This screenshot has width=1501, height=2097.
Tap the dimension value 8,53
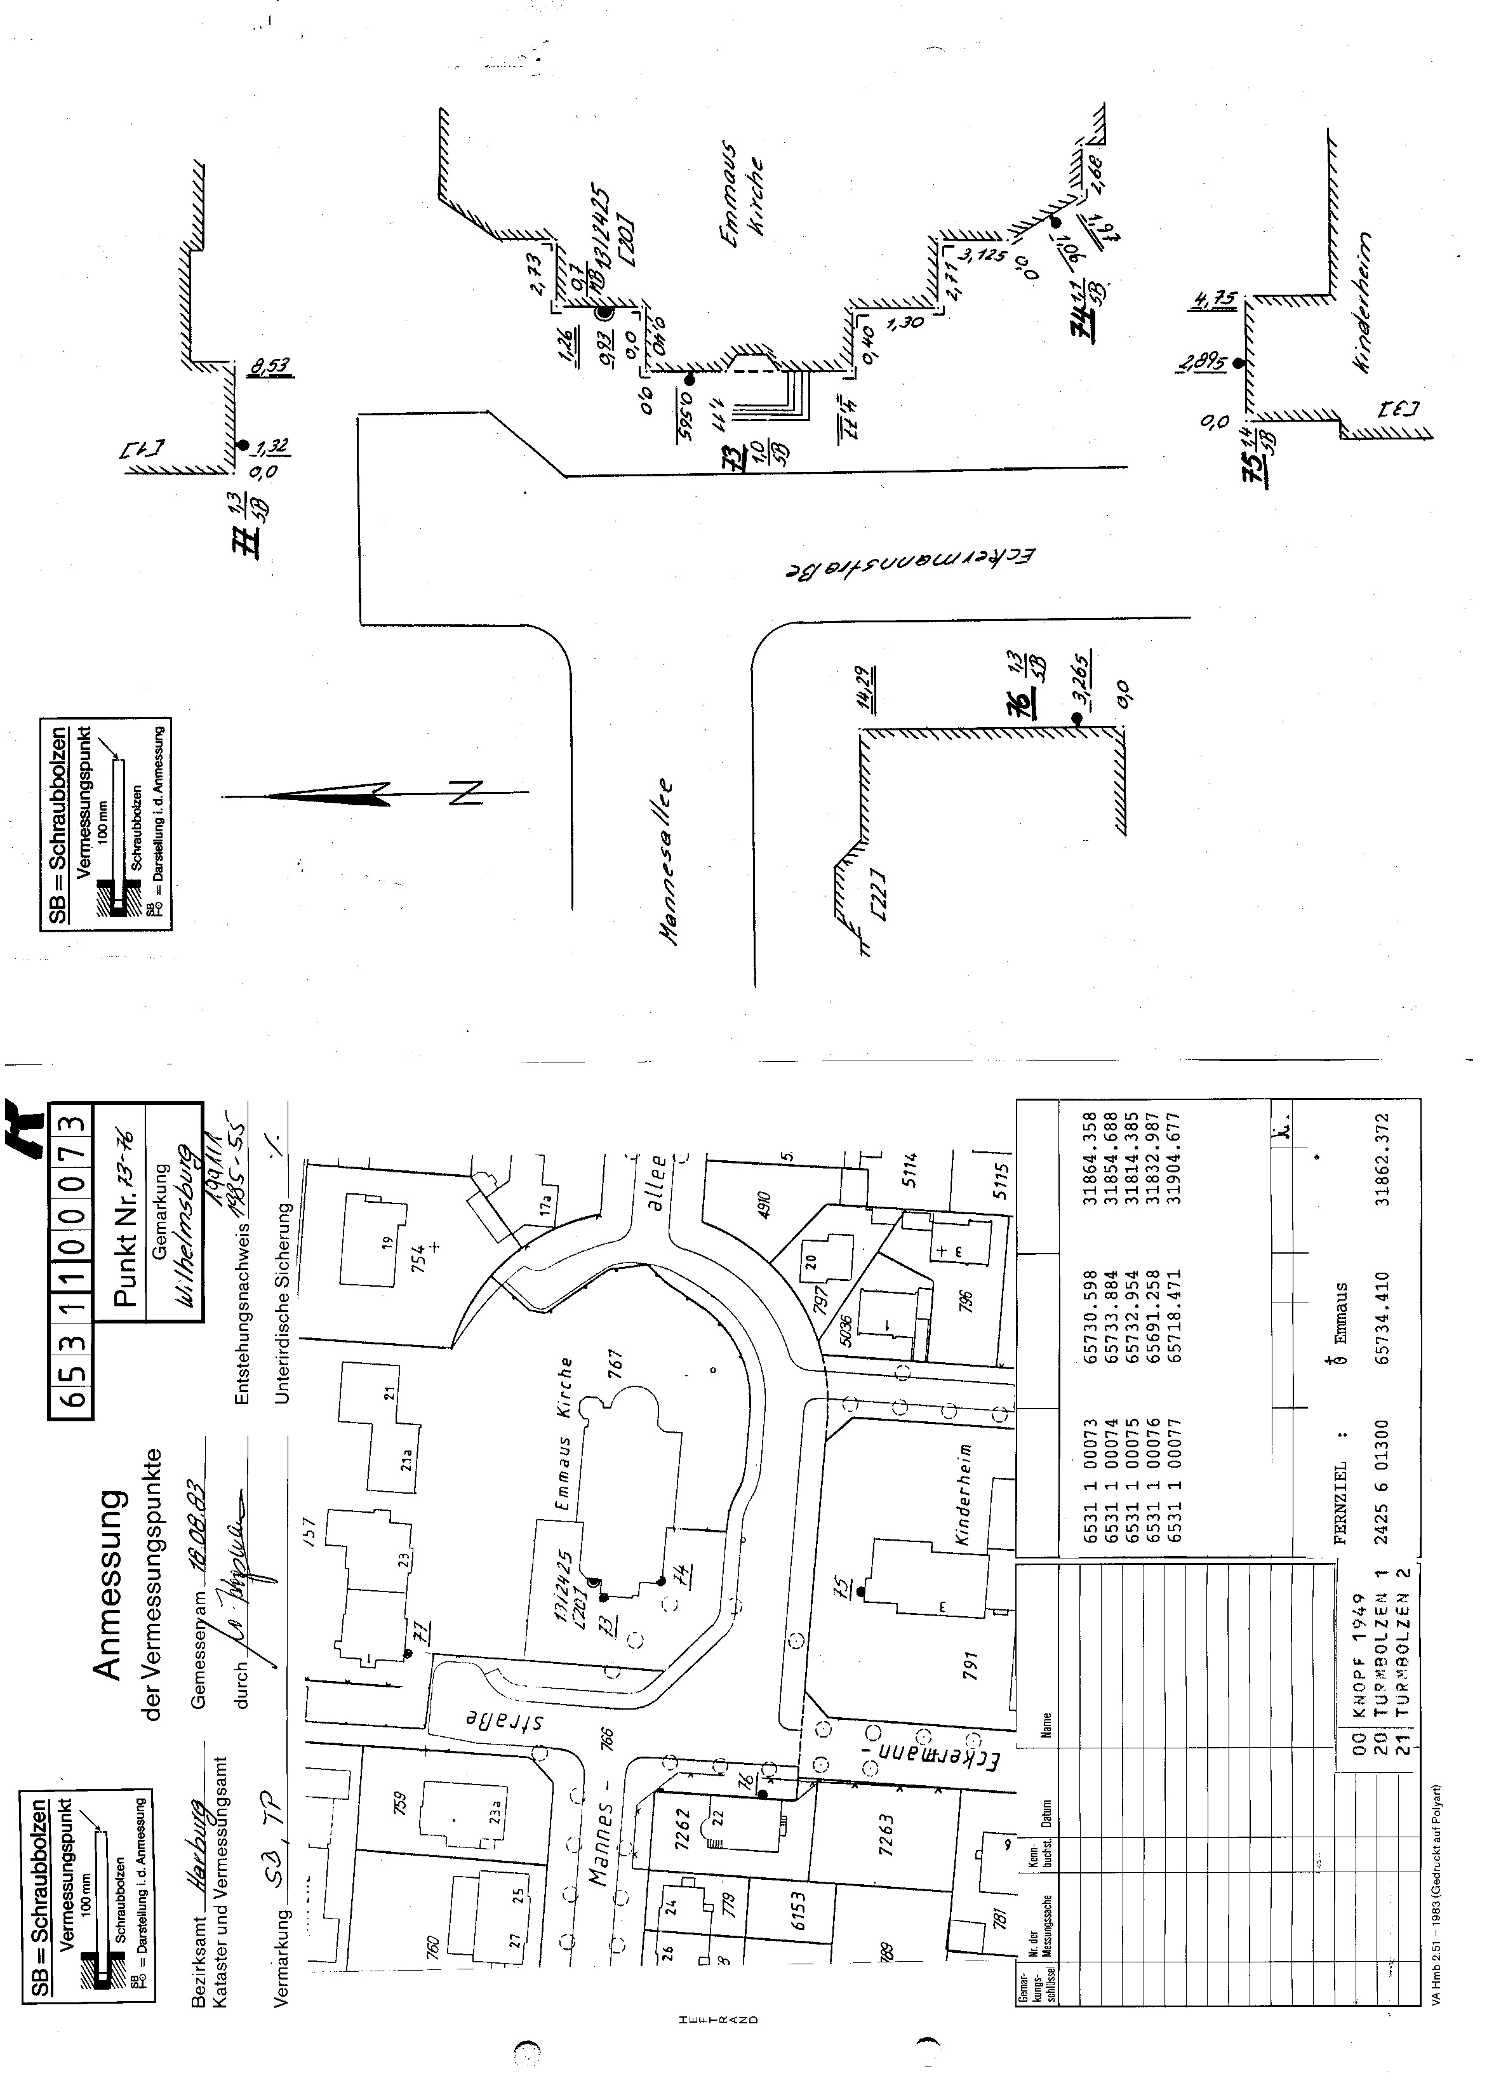(271, 367)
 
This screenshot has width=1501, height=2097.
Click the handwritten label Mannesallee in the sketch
(668, 864)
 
